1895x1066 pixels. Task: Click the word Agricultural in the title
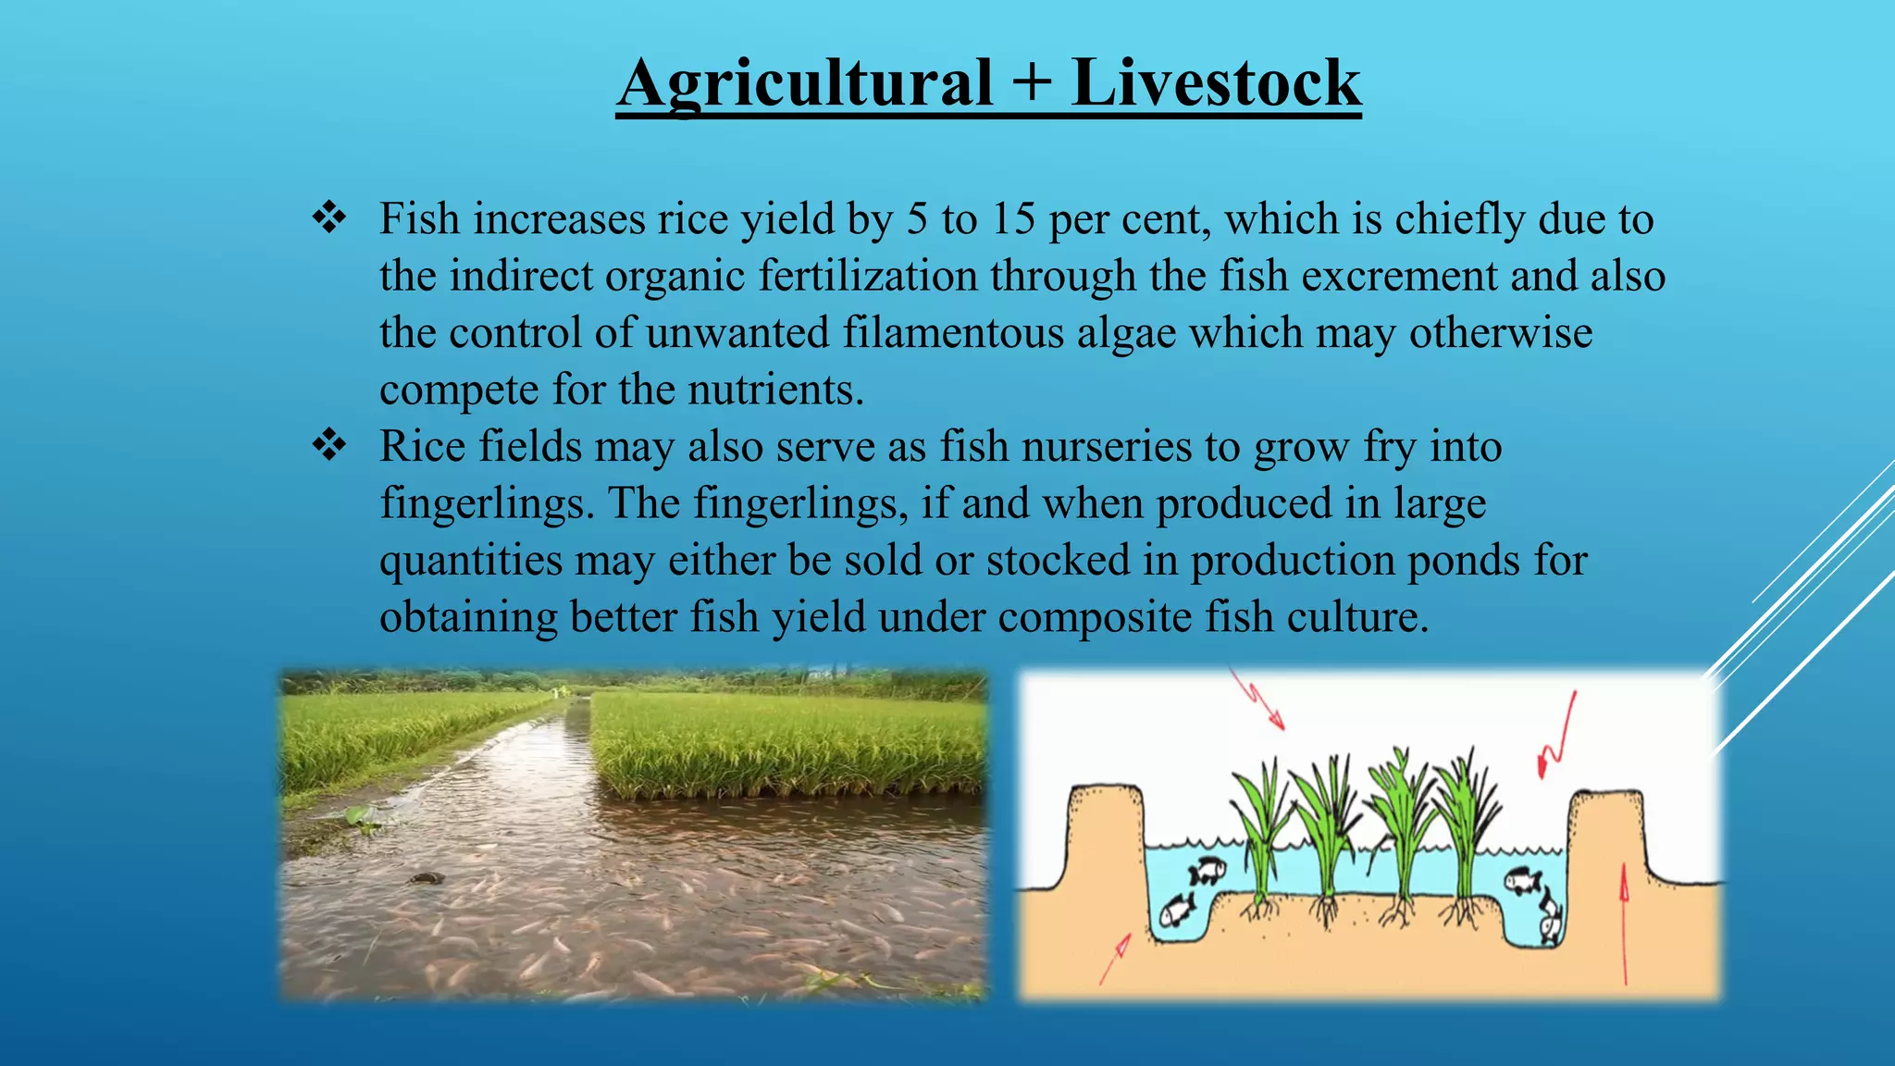(804, 83)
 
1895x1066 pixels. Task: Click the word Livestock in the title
(1216, 83)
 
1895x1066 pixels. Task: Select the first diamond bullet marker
(329, 218)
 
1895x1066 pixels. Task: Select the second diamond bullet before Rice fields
(329, 446)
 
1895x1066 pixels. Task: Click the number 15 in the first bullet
(1012, 219)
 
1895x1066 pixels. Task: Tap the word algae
(1126, 333)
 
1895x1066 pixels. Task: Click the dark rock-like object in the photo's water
(425, 878)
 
